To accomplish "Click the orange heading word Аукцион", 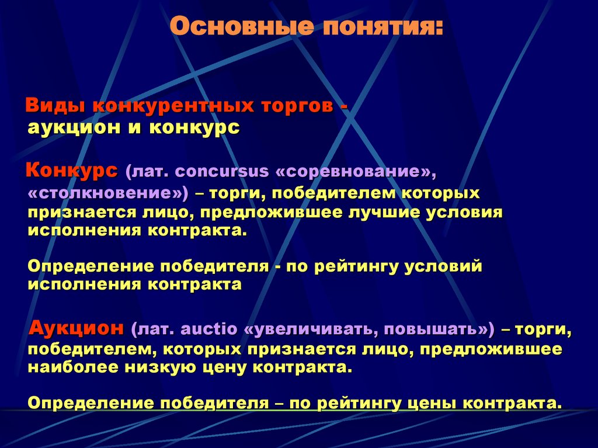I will (77, 328).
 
